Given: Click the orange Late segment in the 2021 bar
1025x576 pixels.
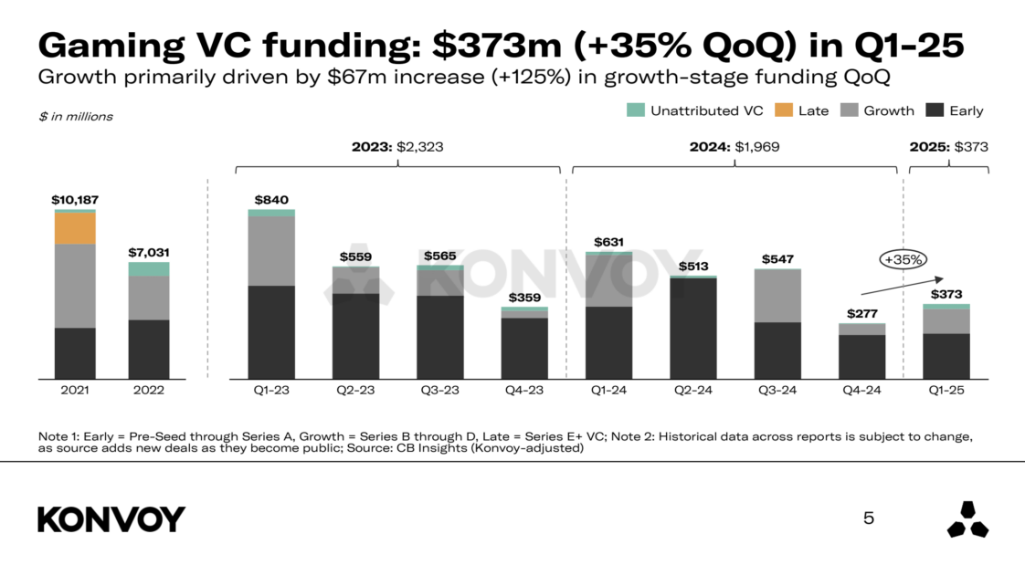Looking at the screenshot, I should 75,228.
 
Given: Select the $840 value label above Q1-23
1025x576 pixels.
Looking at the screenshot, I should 271,201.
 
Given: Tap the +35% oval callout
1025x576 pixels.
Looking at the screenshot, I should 903,259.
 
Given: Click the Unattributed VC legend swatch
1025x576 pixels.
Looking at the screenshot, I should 635,110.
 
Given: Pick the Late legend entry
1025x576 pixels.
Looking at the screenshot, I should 803,110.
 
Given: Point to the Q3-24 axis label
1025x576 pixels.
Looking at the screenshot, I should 777,390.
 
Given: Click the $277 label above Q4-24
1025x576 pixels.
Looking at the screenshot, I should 862,314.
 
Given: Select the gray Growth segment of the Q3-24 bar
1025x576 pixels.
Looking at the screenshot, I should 777,296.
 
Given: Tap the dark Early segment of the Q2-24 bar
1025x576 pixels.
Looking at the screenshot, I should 692,328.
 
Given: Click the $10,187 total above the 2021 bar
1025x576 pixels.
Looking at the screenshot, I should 75,200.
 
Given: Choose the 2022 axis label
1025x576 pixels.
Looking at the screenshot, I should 149,390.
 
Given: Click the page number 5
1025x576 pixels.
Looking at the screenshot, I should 868,518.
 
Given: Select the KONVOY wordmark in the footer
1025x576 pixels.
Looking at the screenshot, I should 111,519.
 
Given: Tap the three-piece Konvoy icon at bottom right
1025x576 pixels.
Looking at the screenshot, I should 967,518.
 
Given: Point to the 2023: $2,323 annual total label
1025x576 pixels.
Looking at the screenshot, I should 397,146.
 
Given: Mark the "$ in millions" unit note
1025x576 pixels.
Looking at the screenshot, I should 76,116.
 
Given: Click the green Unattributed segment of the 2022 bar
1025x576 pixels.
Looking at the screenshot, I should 149,269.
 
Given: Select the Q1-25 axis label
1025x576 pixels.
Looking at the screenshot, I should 946,390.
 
